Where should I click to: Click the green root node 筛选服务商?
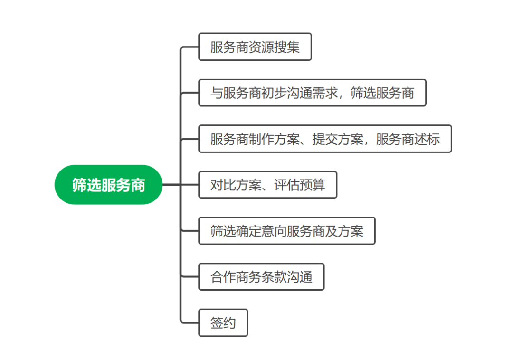click(x=108, y=185)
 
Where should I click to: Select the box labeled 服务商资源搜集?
click(x=255, y=47)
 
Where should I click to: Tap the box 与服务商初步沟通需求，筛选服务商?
click(x=312, y=93)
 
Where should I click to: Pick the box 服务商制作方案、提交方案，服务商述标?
click(x=325, y=139)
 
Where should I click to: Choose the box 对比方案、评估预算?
click(x=267, y=185)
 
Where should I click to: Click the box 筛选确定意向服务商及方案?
click(x=287, y=231)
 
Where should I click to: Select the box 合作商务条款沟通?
click(x=261, y=277)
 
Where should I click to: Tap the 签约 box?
click(x=223, y=323)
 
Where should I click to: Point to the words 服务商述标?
click(x=408, y=139)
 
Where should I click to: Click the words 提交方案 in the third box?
click(x=338, y=139)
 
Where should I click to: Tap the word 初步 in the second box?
click(x=274, y=93)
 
